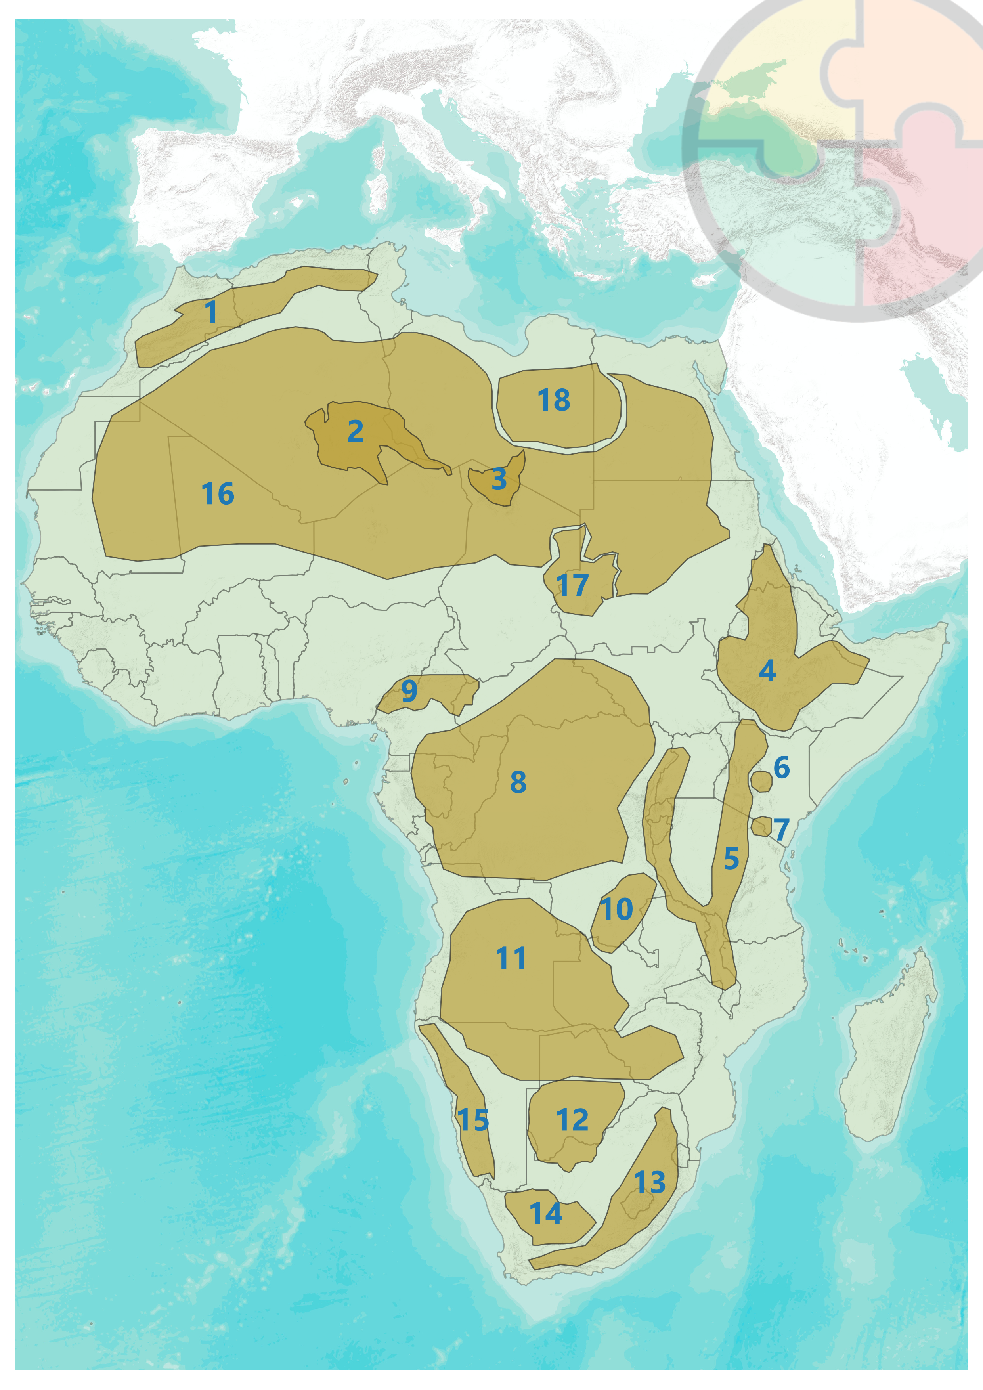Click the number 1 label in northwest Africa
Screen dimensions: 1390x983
click(x=210, y=312)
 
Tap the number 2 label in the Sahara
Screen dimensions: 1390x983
click(x=355, y=432)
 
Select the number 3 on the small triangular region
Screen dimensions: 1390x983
click(x=499, y=480)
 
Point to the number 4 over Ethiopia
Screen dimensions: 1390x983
click(x=767, y=671)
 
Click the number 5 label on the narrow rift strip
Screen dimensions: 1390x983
click(x=731, y=858)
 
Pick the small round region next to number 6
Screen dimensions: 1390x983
click(x=761, y=781)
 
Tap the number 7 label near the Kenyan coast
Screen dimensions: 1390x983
click(x=781, y=829)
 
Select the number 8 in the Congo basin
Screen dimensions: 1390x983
click(x=518, y=782)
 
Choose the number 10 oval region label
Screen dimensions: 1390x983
click(x=617, y=909)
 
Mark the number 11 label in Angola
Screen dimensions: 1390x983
click(x=511, y=959)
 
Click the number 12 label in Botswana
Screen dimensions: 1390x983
click(x=572, y=1120)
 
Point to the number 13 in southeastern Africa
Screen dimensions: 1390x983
click(x=650, y=1182)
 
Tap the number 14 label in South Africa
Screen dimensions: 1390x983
click(x=546, y=1214)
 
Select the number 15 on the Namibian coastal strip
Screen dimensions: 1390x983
click(x=473, y=1120)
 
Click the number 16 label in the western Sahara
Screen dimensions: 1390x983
click(x=218, y=494)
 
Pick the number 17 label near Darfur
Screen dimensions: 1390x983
click(x=572, y=585)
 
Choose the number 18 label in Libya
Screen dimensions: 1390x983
click(x=554, y=400)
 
